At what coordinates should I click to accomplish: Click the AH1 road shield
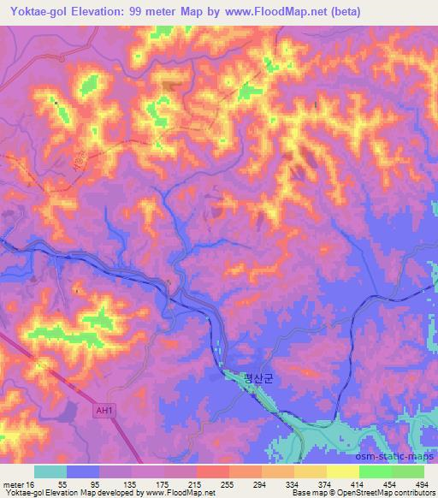click(x=104, y=411)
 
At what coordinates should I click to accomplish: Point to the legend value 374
click(x=327, y=484)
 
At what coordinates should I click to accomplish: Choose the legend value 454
click(x=391, y=484)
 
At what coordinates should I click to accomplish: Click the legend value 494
click(x=423, y=484)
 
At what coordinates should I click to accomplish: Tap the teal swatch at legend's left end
click(x=50, y=471)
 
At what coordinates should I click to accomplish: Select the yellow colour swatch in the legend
click(x=342, y=471)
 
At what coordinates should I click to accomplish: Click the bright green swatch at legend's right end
click(x=407, y=471)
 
